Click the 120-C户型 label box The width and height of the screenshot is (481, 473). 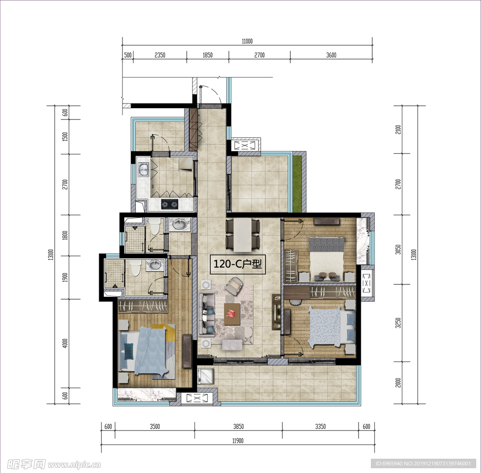[x=237, y=264]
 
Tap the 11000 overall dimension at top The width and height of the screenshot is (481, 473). [x=247, y=41]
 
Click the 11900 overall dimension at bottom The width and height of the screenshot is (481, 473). [x=238, y=441]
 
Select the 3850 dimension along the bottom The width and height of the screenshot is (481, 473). [x=238, y=426]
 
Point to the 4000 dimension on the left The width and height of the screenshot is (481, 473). [x=65, y=343]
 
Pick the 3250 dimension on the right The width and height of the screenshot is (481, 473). [x=398, y=323]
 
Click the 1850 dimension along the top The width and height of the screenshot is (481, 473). [x=208, y=55]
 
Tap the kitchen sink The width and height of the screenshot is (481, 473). [x=143, y=170]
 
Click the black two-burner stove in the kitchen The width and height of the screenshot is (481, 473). [x=170, y=204]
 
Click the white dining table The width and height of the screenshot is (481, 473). [x=243, y=234]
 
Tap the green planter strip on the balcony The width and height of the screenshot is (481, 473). [x=297, y=183]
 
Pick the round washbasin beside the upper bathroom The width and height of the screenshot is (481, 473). [x=180, y=224]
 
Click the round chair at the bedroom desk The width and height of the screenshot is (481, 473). [x=295, y=302]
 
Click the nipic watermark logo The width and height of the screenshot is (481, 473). [x=54, y=464]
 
